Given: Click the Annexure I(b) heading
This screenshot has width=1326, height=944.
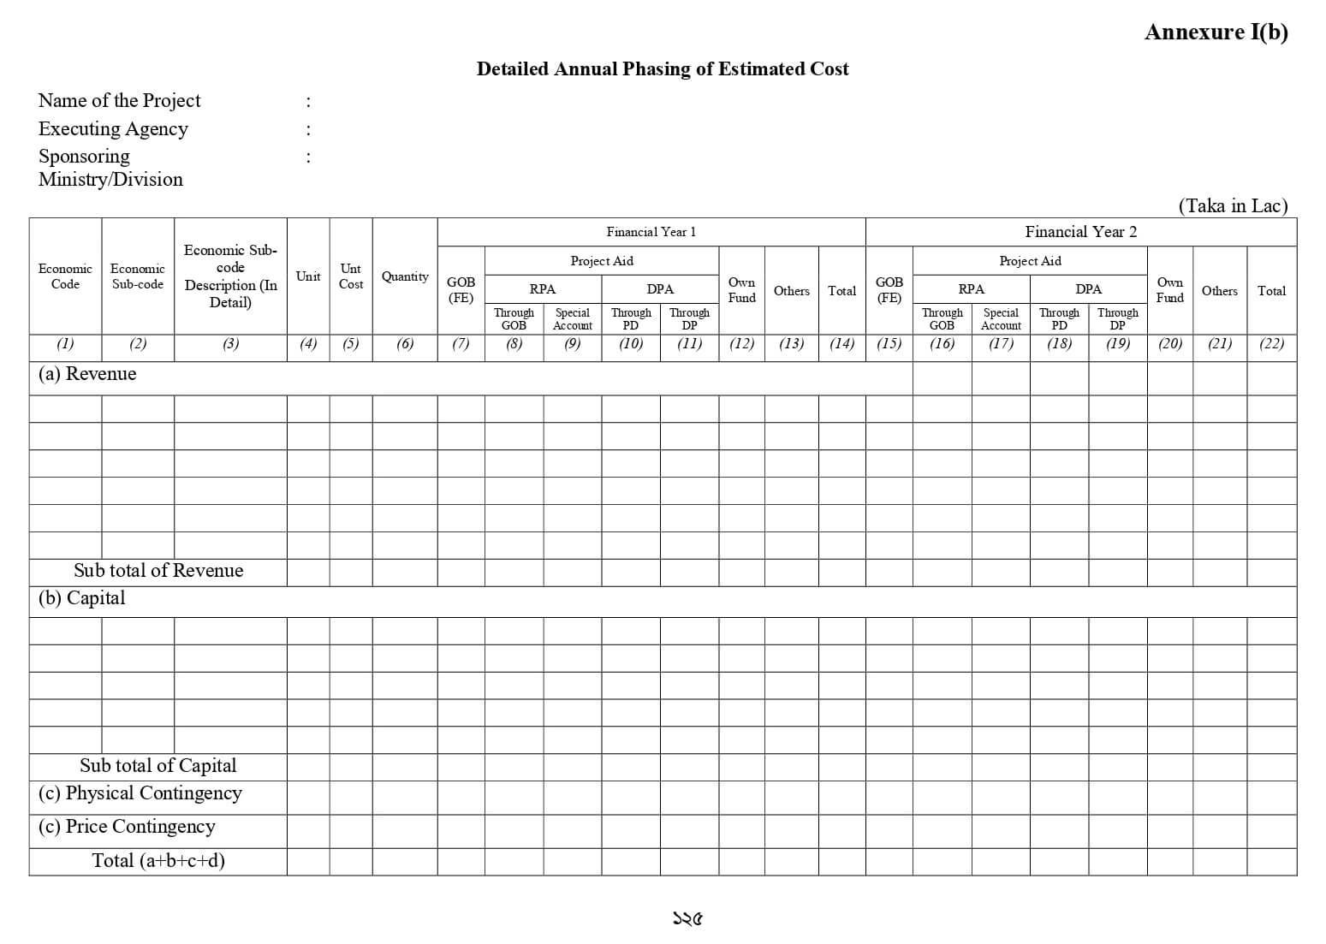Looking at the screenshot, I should coord(1216,33).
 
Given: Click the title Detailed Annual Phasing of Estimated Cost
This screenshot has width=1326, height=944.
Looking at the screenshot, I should coord(663,69).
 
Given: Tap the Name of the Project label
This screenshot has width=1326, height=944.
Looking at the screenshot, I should coord(119,101).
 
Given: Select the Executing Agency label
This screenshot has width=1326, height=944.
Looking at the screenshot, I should coord(113,129).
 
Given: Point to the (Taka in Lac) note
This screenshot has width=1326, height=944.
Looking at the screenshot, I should coord(1232,205).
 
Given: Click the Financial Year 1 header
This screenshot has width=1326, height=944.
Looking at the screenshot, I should coord(651,232).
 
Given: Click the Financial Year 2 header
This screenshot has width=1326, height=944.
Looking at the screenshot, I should coord(1080,232).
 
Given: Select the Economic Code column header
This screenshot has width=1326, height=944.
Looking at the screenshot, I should coord(65,276).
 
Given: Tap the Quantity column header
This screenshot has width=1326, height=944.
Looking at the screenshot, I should coord(405,276).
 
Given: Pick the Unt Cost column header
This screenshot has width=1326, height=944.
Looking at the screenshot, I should coord(351,276).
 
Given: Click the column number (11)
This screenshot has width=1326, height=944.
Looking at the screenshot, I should coord(689,344).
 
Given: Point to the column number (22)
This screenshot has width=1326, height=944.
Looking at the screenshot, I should coord(1271,344).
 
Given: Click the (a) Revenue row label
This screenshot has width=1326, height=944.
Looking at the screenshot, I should coord(87,374).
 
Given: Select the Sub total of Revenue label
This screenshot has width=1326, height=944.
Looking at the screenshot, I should coord(158,571).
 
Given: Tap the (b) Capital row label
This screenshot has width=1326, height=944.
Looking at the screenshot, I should coord(81,598).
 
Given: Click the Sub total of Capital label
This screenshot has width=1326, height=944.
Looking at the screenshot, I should coord(158,766).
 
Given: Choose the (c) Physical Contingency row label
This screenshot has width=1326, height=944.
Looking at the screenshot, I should coord(140,793).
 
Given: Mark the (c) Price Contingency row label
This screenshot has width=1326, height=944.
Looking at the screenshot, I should coord(127,827).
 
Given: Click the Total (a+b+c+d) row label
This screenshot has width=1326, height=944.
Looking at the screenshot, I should coord(158,861).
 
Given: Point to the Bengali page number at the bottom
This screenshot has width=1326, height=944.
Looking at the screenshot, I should coord(687,919).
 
